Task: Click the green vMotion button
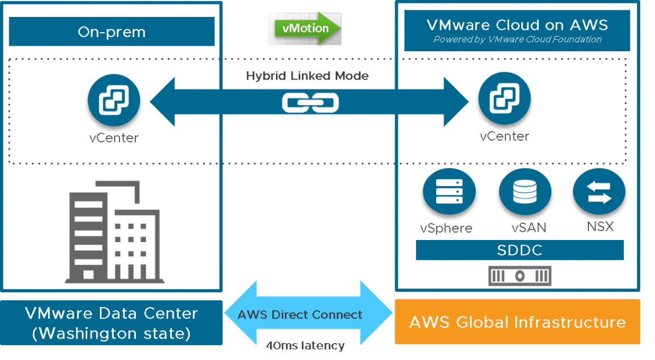tap(304, 28)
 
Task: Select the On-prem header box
tap(112, 32)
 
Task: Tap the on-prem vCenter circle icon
tap(114, 101)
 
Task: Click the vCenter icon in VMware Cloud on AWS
tap(504, 99)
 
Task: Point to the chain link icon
tap(310, 103)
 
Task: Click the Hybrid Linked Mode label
tap(307, 76)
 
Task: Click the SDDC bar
tap(520, 250)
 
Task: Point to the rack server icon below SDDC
tap(520, 276)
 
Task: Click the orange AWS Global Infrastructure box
tap(517, 322)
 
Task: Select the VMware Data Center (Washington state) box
tap(111, 322)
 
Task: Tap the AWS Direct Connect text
tap(300, 315)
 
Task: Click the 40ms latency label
tap(305, 345)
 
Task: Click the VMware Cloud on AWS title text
tap(517, 25)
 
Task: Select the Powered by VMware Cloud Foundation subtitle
tap(517, 39)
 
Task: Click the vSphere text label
tap(446, 227)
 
